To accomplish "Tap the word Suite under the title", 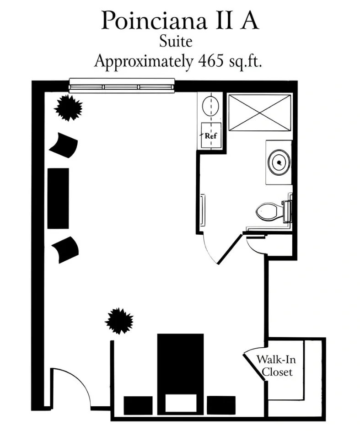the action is pyautogui.click(x=176, y=42).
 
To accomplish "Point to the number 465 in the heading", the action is pyautogui.click(x=211, y=60).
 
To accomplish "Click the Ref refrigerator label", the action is pyautogui.click(x=211, y=135).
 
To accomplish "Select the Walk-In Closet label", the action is pyautogui.click(x=276, y=366).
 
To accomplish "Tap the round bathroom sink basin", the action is pyautogui.click(x=279, y=162).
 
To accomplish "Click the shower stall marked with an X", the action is pyautogui.click(x=260, y=113).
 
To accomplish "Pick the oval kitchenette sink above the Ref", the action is pyautogui.click(x=210, y=105).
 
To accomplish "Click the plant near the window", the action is pyautogui.click(x=69, y=108).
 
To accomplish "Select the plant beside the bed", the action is pyautogui.click(x=119, y=321).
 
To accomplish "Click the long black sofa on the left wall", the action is pyautogui.click(x=58, y=198).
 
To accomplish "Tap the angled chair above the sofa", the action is pyautogui.click(x=64, y=145).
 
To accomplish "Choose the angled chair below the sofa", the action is pyautogui.click(x=65, y=249).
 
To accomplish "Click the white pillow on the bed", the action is pyautogui.click(x=181, y=403).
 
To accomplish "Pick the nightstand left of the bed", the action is pyautogui.click(x=138, y=405).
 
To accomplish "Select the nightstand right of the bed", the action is pyautogui.click(x=221, y=405).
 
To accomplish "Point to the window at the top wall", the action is pyautogui.click(x=122, y=86).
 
